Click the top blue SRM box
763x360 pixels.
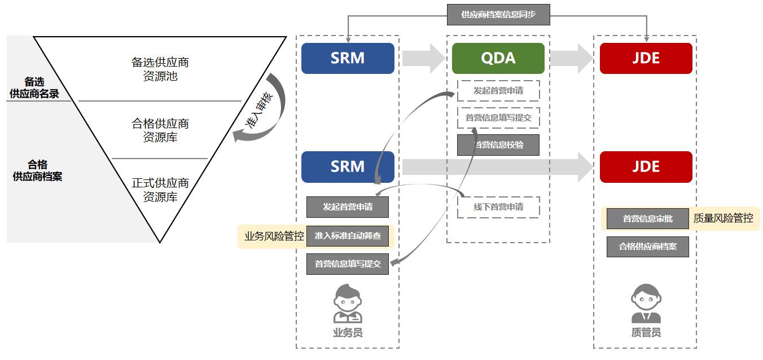(348, 58)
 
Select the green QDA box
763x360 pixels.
(498, 58)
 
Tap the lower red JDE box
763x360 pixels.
(646, 167)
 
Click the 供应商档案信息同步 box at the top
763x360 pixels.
(498, 15)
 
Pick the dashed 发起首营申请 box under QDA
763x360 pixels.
(498, 90)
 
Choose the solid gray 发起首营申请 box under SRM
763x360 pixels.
(348, 207)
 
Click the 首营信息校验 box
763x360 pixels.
(498, 145)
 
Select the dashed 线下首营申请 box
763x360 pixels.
(498, 207)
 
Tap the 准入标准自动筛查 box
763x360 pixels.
(348, 236)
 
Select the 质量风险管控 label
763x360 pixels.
(723, 218)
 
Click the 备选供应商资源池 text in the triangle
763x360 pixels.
(160, 69)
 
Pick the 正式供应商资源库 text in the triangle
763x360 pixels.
(160, 190)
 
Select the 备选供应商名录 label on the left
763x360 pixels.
(34, 88)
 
